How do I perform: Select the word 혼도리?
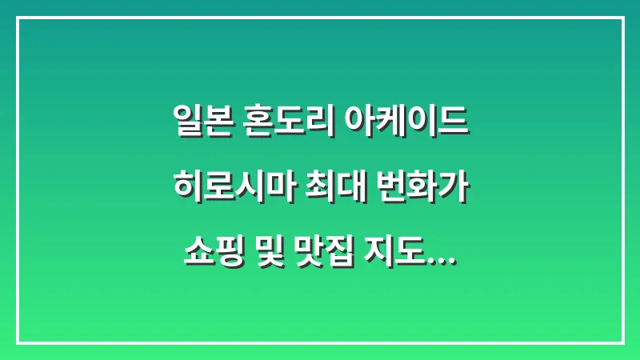(283, 122)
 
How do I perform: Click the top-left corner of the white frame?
(18, 18)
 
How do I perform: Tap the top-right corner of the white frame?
(622, 18)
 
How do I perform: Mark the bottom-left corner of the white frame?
(18, 342)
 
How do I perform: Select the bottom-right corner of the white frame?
(622, 342)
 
